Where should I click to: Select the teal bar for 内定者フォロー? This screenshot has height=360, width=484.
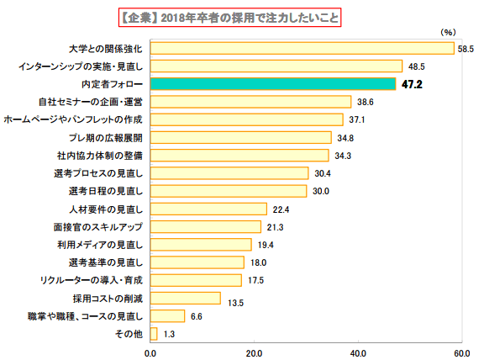coord(272,84)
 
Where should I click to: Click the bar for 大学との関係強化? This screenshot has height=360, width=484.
coord(302,48)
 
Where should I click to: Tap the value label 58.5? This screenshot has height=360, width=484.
coord(466,48)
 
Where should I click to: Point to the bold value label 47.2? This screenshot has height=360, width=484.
coord(412,84)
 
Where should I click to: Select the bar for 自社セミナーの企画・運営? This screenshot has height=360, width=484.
coord(250,102)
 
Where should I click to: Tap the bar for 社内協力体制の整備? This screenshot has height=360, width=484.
coord(239,156)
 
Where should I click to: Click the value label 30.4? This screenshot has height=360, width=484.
coord(323,173)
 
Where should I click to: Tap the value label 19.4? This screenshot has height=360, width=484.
coord(266,245)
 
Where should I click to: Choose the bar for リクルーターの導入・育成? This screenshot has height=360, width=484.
coord(196,280)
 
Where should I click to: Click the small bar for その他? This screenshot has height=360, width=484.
coord(154,334)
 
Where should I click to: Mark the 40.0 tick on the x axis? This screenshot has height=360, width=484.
coord(358,352)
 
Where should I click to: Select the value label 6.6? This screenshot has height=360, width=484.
coord(198,316)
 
